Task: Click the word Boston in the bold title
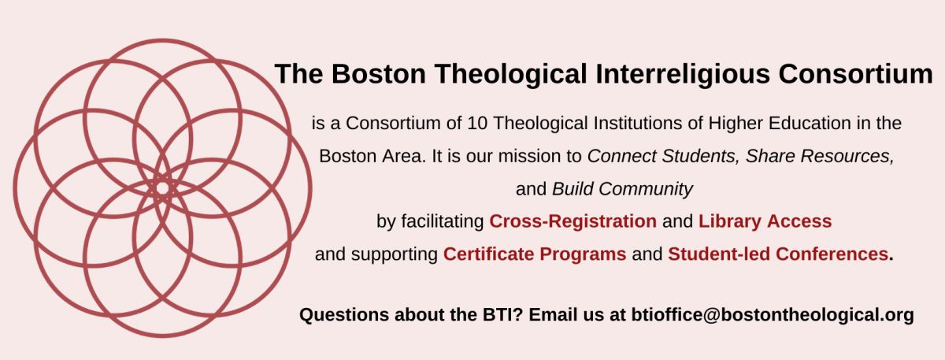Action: (379, 74)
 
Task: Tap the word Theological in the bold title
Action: (511, 74)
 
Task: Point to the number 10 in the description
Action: (477, 123)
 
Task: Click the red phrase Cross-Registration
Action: (573, 221)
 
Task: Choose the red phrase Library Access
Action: (765, 221)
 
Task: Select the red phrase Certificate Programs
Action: (535, 254)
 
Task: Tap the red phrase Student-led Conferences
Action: (778, 254)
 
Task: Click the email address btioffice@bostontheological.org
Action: (773, 315)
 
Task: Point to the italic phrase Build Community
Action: (622, 188)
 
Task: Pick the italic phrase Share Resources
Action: (819, 156)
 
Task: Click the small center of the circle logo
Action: (162, 187)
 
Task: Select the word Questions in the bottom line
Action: (344, 315)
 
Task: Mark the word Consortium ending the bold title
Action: (855, 74)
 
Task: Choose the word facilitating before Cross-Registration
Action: (442, 221)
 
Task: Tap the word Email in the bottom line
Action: (551, 315)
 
